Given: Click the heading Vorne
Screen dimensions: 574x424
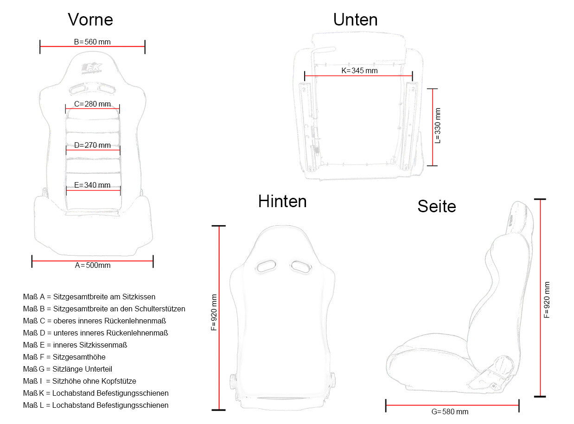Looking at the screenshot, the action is tap(90, 19).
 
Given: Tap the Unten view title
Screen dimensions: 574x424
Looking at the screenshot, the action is tap(355, 19).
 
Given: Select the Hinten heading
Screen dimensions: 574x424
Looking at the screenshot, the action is tap(282, 201).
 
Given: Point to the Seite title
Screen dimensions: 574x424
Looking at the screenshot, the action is tap(436, 206).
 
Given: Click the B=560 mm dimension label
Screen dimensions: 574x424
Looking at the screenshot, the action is tap(92, 42).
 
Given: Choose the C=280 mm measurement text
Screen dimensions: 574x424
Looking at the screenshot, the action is tap(92, 104).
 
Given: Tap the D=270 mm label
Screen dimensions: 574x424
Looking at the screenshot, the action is tap(92, 146).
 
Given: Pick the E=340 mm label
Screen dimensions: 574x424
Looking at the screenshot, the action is tap(92, 185).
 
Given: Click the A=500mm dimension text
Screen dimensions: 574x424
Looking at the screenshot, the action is tap(93, 266).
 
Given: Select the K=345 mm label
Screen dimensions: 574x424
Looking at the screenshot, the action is tap(359, 70).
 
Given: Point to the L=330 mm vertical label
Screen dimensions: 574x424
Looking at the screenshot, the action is tap(437, 126).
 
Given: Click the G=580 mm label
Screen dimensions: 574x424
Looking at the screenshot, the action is tap(450, 411).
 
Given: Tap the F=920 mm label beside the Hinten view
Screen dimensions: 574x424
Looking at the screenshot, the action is tap(214, 312).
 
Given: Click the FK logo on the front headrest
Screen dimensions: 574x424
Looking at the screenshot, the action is tap(92, 69).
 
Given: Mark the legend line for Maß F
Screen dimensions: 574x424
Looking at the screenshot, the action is tap(64, 357).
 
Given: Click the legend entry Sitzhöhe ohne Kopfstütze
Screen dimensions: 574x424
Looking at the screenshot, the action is tap(94, 381).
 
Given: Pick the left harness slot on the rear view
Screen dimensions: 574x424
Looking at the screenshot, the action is tap(266, 266).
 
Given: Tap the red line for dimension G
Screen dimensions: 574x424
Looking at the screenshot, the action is tap(452, 405).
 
